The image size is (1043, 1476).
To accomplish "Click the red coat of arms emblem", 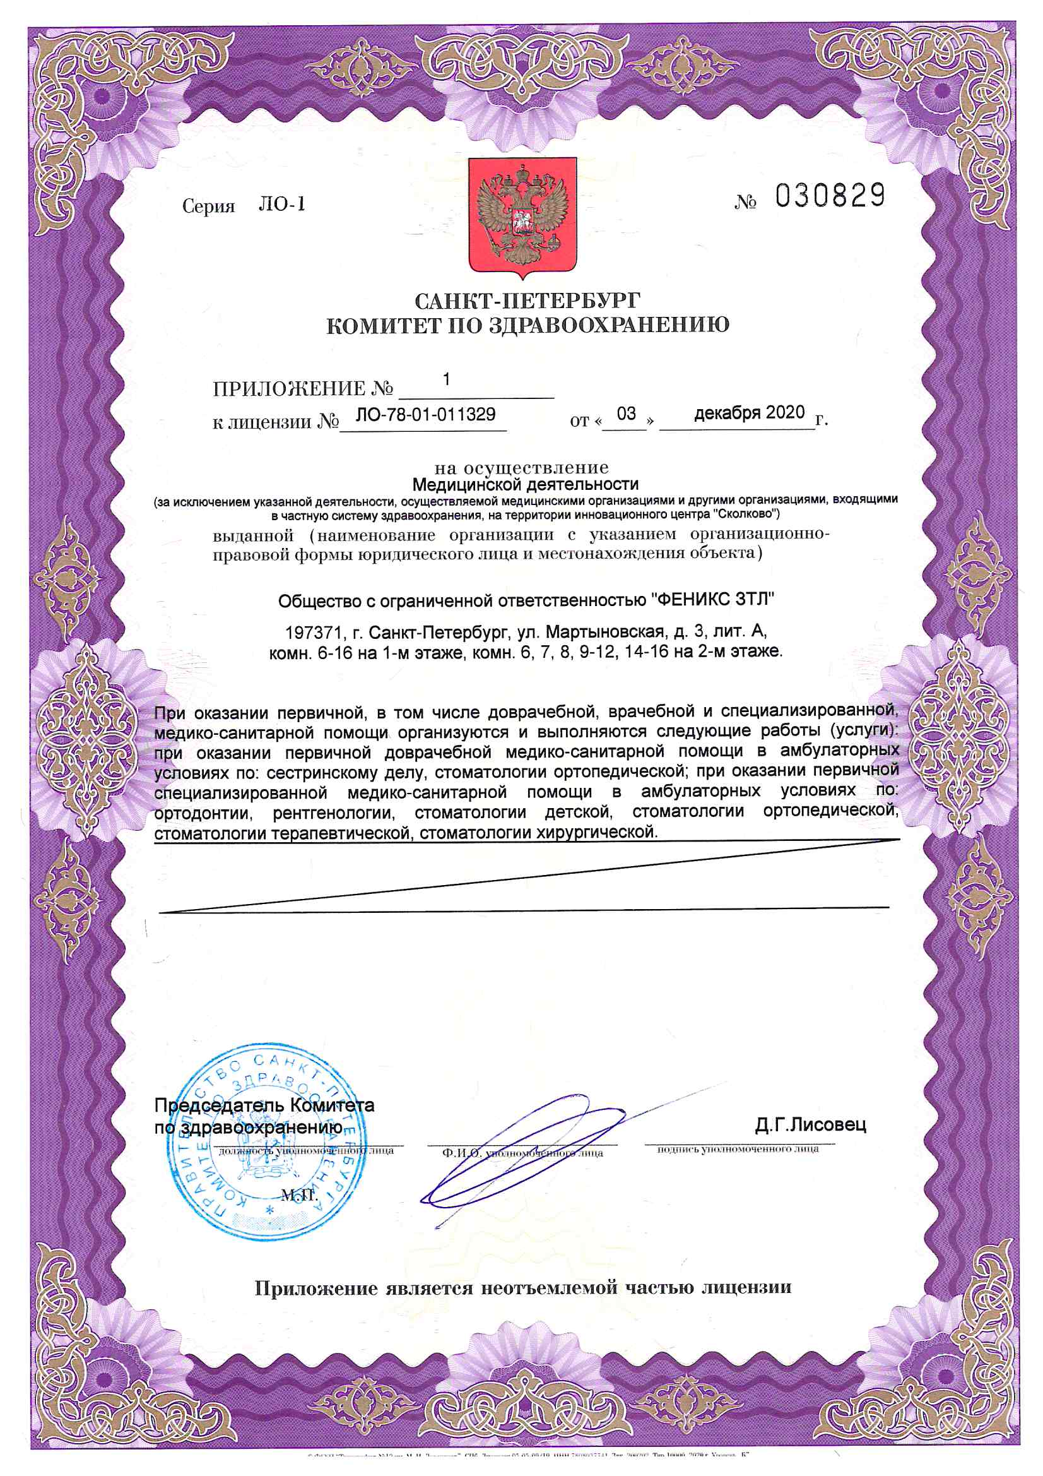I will click(522, 218).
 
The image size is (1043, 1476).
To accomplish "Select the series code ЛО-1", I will click(281, 205).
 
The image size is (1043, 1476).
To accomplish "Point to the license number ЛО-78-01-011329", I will click(425, 414).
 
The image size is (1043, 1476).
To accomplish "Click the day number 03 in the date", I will click(626, 414).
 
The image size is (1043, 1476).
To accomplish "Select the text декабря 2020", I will click(750, 413).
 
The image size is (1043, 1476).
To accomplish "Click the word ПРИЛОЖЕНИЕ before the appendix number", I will click(288, 389).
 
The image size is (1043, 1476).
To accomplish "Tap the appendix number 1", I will click(446, 379).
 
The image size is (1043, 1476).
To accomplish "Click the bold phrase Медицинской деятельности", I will click(525, 484).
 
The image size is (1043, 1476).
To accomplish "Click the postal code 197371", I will click(312, 632).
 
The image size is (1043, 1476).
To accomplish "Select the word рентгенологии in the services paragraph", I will click(334, 813).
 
